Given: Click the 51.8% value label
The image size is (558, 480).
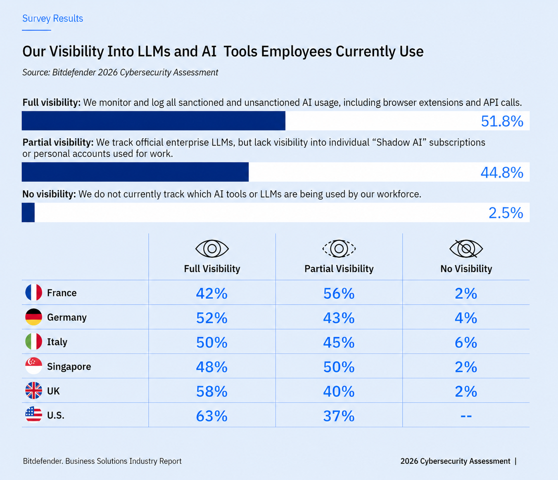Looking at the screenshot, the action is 502,121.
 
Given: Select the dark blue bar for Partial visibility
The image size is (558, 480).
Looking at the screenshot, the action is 135,172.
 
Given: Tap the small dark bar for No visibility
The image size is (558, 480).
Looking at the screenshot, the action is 28,212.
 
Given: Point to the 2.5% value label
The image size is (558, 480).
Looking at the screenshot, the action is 506,213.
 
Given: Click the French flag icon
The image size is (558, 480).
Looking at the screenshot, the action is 34,292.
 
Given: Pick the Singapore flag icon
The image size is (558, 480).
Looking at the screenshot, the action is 34,366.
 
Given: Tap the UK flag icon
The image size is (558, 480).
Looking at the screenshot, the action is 34,391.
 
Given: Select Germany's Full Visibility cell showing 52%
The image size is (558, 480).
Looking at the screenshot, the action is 212,318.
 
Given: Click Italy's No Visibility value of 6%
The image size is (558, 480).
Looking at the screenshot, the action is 466,342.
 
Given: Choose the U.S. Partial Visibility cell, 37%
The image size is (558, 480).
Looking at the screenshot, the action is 339,416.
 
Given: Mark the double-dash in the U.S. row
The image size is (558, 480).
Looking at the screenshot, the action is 466,416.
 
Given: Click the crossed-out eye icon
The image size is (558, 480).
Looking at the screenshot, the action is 466,249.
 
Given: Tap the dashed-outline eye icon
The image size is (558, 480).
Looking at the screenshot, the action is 339,249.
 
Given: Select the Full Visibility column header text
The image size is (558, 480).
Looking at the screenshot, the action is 212,269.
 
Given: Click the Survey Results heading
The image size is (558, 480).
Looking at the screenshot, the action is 52,18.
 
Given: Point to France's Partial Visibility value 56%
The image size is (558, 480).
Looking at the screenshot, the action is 339,293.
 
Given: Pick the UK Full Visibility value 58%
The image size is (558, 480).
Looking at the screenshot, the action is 212,391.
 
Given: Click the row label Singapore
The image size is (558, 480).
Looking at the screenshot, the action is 69,367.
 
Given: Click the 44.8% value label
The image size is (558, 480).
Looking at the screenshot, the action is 502,172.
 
